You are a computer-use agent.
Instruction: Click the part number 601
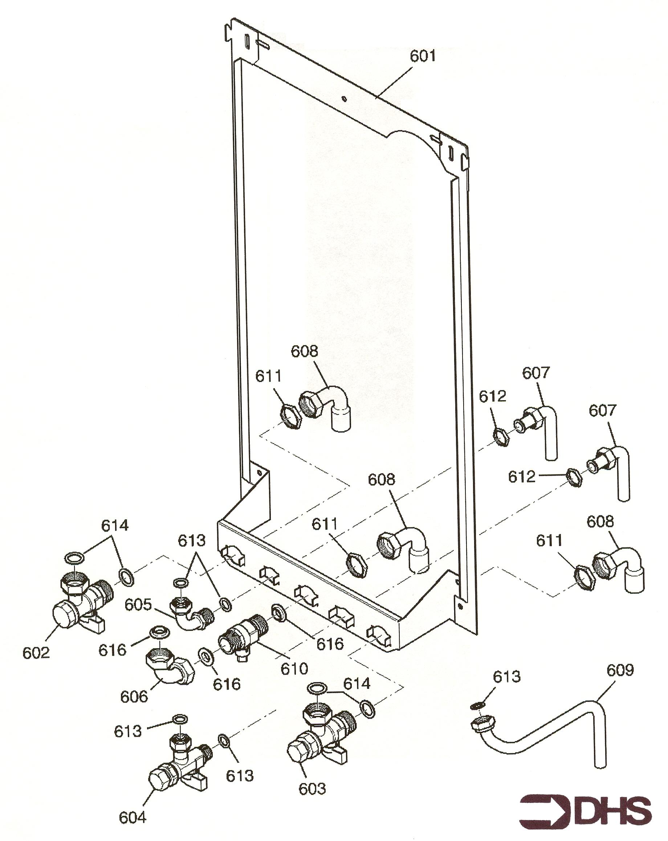(x=422, y=56)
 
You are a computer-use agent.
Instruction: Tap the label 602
(x=36, y=653)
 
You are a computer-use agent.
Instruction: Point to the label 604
(x=132, y=817)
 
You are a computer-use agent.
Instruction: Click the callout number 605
(x=138, y=605)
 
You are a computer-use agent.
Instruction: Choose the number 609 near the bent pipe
(x=620, y=670)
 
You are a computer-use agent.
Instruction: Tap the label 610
(x=294, y=669)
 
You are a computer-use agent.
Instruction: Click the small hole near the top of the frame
(x=344, y=99)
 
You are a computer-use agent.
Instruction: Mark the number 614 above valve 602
(x=115, y=525)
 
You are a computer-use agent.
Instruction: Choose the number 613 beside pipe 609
(x=506, y=677)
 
